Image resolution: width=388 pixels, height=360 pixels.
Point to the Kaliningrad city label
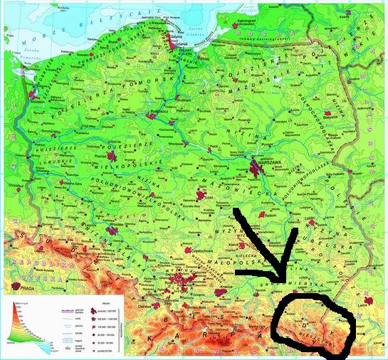[246, 22]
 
